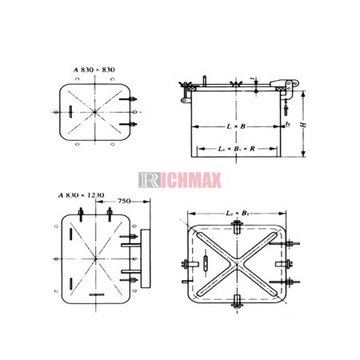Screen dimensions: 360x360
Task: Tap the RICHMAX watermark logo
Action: pos(179,178)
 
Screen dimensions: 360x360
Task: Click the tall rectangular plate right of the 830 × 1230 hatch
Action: pos(145,261)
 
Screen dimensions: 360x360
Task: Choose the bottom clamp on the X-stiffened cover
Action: pos(238,302)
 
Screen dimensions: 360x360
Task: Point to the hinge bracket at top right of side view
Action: pos(284,85)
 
